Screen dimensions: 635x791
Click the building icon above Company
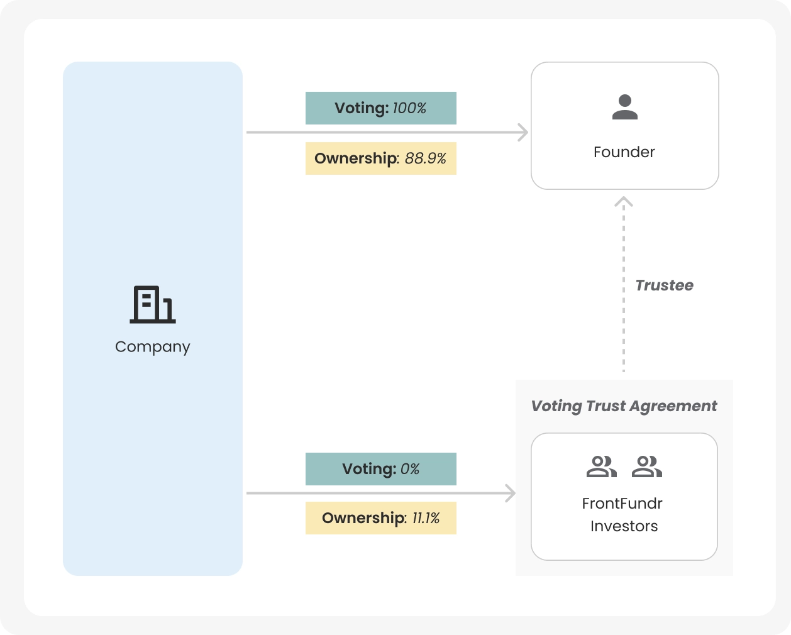[153, 305]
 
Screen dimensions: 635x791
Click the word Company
[153, 347]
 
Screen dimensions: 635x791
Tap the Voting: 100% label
[380, 108]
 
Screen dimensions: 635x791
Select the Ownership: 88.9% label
[380, 158]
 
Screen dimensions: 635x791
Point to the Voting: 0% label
[380, 469]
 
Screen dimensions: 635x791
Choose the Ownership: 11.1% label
[380, 518]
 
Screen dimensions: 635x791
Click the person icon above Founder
[625, 108]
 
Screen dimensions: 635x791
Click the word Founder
[624, 152]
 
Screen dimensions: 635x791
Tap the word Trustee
[664, 285]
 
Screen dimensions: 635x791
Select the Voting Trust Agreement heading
[624, 406]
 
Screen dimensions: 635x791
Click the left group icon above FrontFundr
[601, 467]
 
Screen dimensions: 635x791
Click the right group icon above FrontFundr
[647, 467]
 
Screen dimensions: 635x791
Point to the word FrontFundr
[622, 504]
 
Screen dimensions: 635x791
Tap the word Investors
[624, 526]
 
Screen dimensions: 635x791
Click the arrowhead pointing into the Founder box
[523, 133]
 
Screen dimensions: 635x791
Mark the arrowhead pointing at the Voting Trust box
[511, 494]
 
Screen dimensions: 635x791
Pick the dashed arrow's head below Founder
[624, 202]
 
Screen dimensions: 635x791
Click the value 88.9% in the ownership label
[426, 158]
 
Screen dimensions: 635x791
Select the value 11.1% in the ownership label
[426, 518]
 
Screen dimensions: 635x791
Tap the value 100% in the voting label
[409, 108]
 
